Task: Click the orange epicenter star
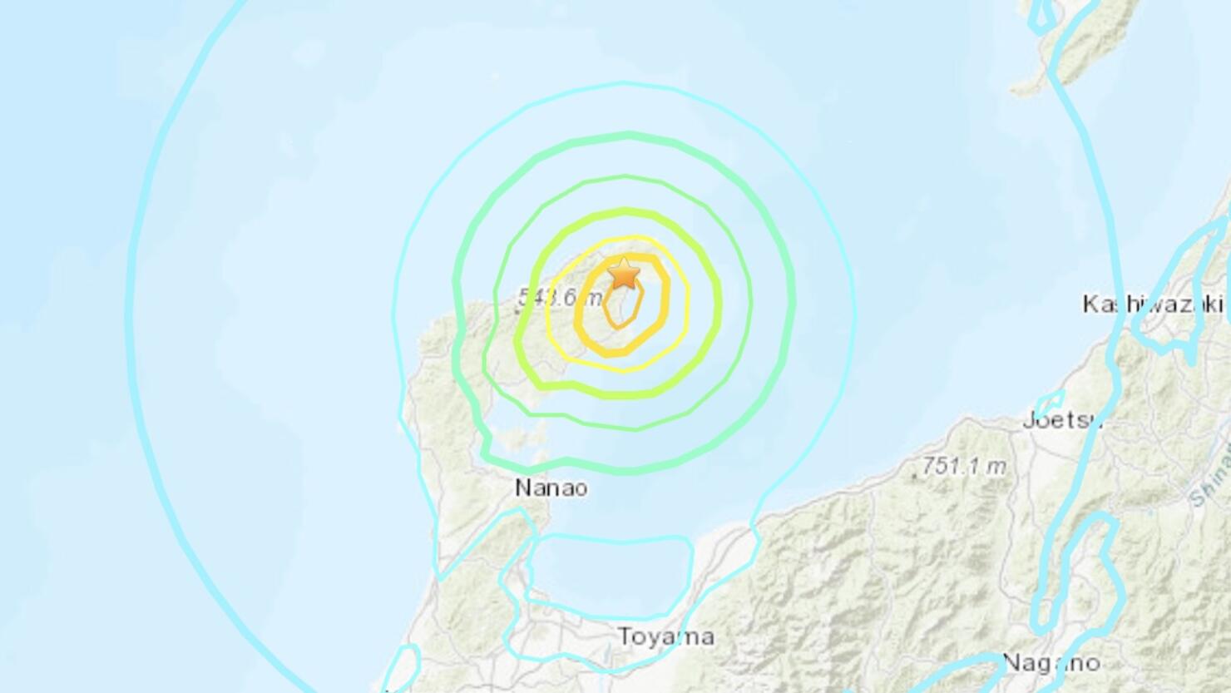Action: [x=624, y=273]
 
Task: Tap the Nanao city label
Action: [x=551, y=488]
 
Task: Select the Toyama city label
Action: [x=666, y=637]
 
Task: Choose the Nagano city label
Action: [x=1051, y=663]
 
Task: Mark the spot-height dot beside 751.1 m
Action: [x=916, y=476]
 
